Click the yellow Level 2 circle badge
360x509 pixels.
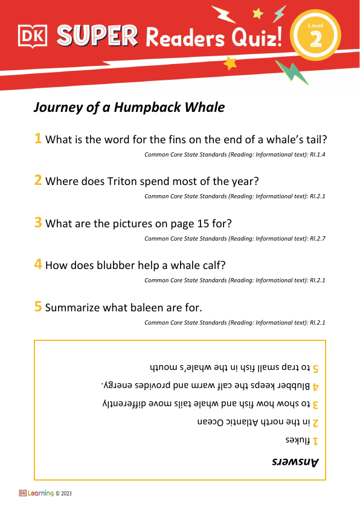click(315, 35)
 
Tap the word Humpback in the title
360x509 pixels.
click(155, 108)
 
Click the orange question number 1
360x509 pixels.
click(38, 139)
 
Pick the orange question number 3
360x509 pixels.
click(38, 222)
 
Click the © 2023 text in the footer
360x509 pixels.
click(63, 494)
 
